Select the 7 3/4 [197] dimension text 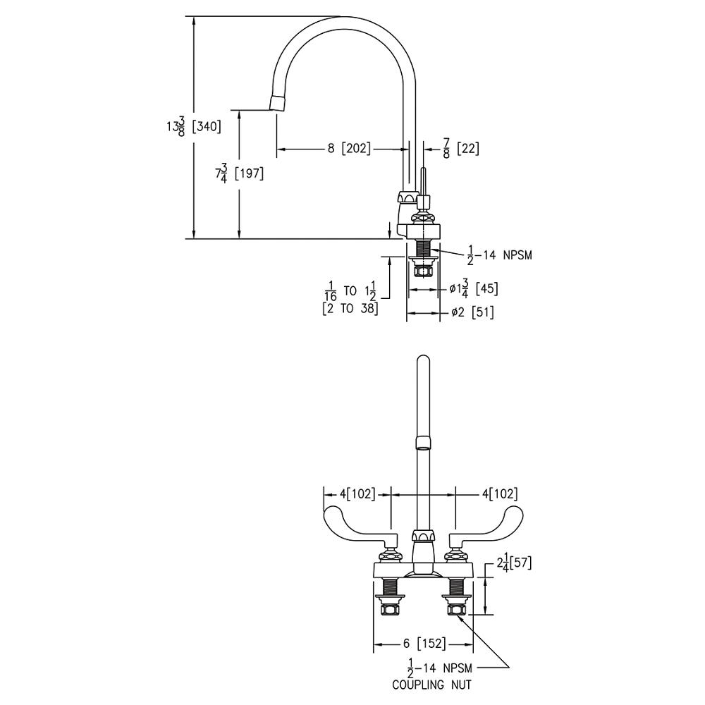240,173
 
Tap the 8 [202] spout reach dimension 348,149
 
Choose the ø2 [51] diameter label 472,313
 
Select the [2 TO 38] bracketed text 350,308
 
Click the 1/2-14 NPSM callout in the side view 500,255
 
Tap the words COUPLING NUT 431,684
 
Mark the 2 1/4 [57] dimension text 513,563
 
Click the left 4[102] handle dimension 357,493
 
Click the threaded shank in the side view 423,247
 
